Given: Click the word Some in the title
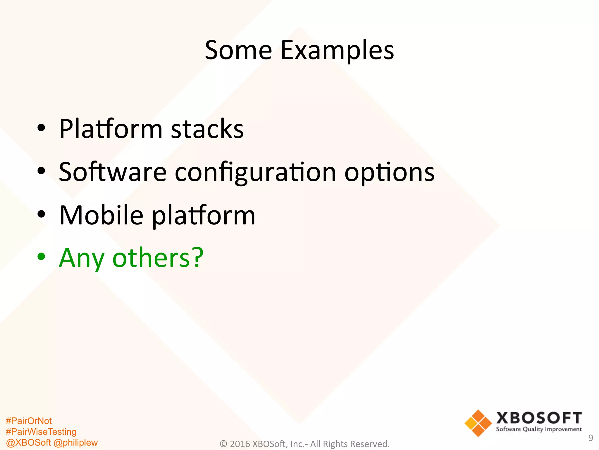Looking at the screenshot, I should coord(238,50).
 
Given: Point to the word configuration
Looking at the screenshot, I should coord(255,173).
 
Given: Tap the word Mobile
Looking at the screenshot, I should coord(101,215).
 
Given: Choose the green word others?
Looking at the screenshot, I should coord(158,258).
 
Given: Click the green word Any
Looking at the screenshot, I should coord(82,258).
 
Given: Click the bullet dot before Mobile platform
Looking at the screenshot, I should coord(41,214).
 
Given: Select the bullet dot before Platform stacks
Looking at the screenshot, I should coord(41,128).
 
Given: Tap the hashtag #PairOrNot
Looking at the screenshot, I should coord(29,421).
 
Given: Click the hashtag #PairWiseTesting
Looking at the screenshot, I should coord(41,432).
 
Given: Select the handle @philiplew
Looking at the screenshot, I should coord(76,443).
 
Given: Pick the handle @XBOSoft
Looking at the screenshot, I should coord(28,443).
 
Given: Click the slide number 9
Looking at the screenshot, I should coord(591,438).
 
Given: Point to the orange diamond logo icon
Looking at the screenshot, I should coord(478,423).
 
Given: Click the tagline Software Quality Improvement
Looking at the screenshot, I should coord(539,429).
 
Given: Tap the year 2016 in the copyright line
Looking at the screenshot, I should coord(240,444).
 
